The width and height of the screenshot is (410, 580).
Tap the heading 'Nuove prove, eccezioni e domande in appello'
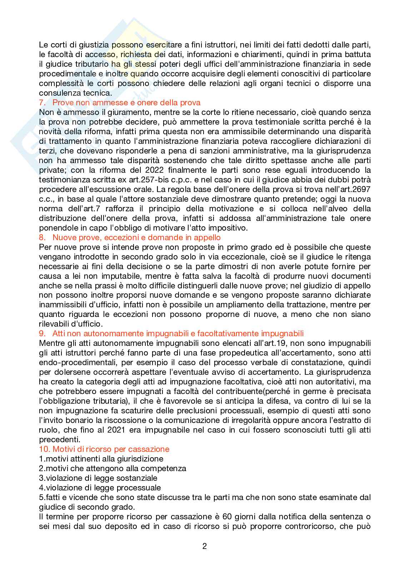tap(136, 237)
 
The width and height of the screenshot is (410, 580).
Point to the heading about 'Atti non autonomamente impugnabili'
tap(178, 333)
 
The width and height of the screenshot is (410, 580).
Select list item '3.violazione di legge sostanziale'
tap(98, 478)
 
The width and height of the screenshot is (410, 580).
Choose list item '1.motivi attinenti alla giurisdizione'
tap(101, 459)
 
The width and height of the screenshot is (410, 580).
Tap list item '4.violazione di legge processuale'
tap(100, 488)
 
